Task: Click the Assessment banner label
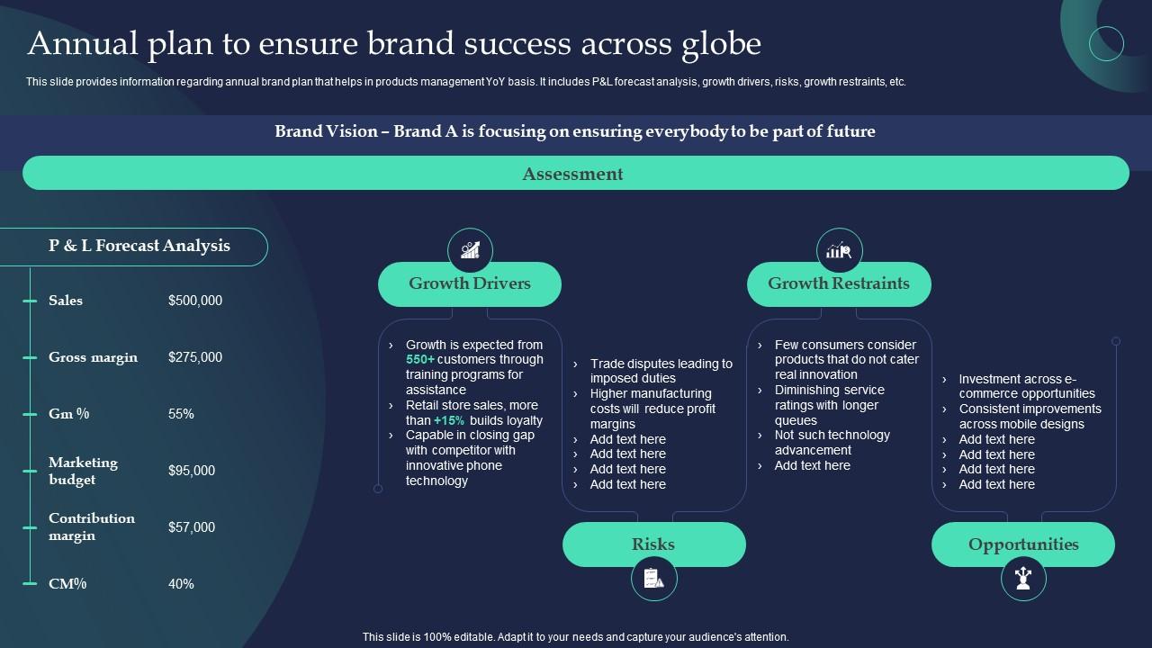(x=572, y=174)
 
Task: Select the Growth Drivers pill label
(x=470, y=283)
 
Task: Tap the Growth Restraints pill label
(x=839, y=283)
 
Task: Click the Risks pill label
(x=653, y=544)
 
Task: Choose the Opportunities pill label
(x=1023, y=544)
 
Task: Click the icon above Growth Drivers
(x=470, y=250)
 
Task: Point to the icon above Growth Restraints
(x=839, y=250)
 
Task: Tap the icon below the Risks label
(x=653, y=579)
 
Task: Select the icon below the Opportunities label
(x=1023, y=579)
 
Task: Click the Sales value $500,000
(x=195, y=301)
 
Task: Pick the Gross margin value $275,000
(x=195, y=357)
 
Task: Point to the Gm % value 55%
(x=181, y=414)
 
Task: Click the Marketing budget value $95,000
(x=192, y=471)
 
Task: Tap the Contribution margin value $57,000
(x=192, y=527)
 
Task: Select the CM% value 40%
(x=181, y=584)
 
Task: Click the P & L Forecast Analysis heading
(x=139, y=246)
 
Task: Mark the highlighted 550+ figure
(x=420, y=359)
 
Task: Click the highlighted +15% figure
(x=449, y=420)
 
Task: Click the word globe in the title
(x=719, y=43)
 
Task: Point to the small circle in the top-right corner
(x=1106, y=43)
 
